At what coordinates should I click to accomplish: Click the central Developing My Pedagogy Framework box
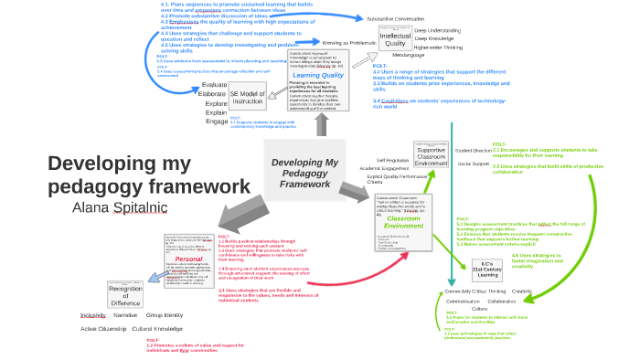(304, 173)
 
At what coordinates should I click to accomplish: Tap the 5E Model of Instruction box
(247, 98)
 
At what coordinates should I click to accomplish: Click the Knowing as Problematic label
(349, 42)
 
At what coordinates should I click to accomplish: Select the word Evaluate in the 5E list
(213, 85)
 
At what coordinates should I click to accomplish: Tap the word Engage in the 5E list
(217, 122)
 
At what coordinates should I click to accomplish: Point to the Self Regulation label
(392, 160)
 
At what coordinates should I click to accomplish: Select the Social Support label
(474, 164)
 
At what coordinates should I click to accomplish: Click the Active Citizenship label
(101, 328)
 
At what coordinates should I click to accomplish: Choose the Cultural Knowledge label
(157, 328)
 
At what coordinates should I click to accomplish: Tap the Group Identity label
(165, 314)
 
